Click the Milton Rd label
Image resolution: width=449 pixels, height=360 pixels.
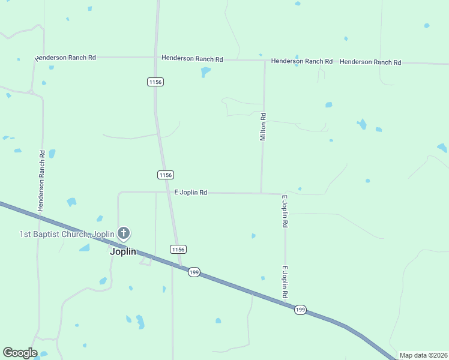[263, 127]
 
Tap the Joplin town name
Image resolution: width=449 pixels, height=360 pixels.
[123, 251]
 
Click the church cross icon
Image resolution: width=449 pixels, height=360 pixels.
[124, 233]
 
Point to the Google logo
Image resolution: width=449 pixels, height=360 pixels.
[20, 353]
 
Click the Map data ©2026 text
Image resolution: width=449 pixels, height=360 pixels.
[424, 355]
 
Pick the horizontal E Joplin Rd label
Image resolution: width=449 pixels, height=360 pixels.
[191, 193]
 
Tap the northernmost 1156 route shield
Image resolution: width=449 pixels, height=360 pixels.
[156, 82]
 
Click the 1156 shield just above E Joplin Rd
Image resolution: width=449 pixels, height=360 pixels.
[166, 175]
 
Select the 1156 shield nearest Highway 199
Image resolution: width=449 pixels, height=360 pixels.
[178, 249]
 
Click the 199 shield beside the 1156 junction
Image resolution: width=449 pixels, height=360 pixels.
[193, 272]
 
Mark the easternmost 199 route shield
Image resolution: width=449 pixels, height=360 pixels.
[300, 310]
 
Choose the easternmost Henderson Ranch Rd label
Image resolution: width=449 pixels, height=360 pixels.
[370, 62]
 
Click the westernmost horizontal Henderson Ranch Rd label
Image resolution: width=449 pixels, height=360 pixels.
[67, 58]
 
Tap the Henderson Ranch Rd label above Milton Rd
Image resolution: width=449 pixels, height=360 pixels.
[301, 61]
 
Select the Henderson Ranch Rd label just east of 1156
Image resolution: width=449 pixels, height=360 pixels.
[192, 59]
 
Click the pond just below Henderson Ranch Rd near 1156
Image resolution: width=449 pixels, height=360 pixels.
[205, 72]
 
